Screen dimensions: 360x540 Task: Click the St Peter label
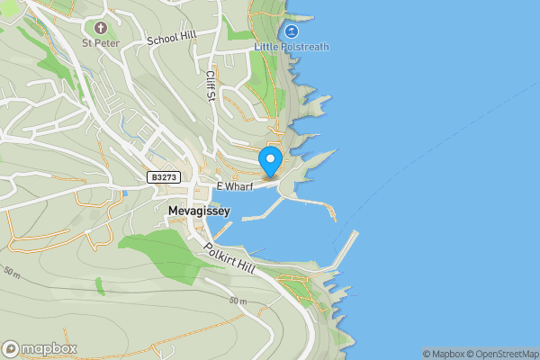coord(99,41)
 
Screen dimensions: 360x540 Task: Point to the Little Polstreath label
coord(292,47)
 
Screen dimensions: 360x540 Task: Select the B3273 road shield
coord(163,178)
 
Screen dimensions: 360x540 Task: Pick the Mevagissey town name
coord(199,211)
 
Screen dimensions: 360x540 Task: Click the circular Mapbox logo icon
coord(11,348)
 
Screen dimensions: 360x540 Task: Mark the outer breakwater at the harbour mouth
coord(346,249)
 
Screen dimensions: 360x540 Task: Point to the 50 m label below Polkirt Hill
coord(236,301)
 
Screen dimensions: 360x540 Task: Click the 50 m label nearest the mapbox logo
coord(11,271)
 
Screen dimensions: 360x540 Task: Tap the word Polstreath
coord(303,47)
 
